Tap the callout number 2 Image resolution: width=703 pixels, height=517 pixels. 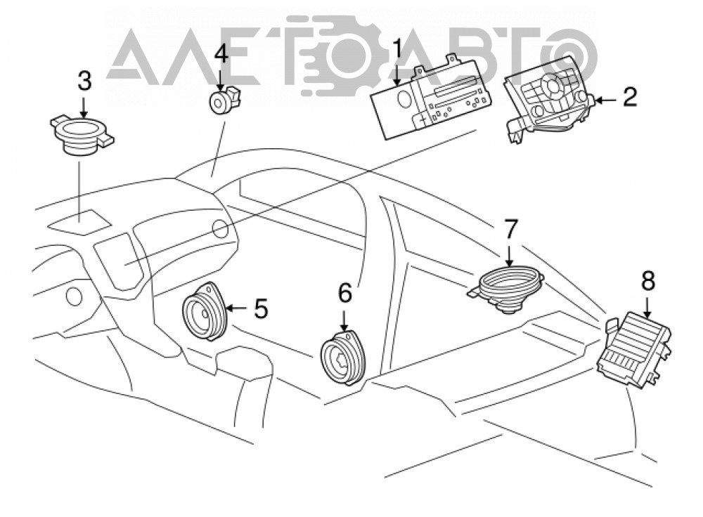(629, 97)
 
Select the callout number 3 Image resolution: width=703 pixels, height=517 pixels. (84, 81)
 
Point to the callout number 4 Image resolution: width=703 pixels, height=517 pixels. (221, 55)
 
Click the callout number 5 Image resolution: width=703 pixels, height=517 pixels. (262, 308)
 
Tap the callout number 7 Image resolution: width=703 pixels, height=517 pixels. (510, 230)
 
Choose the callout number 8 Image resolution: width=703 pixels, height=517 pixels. (648, 282)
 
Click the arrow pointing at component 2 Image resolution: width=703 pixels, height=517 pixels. (606, 101)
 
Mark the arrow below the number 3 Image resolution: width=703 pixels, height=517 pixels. (84, 108)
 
